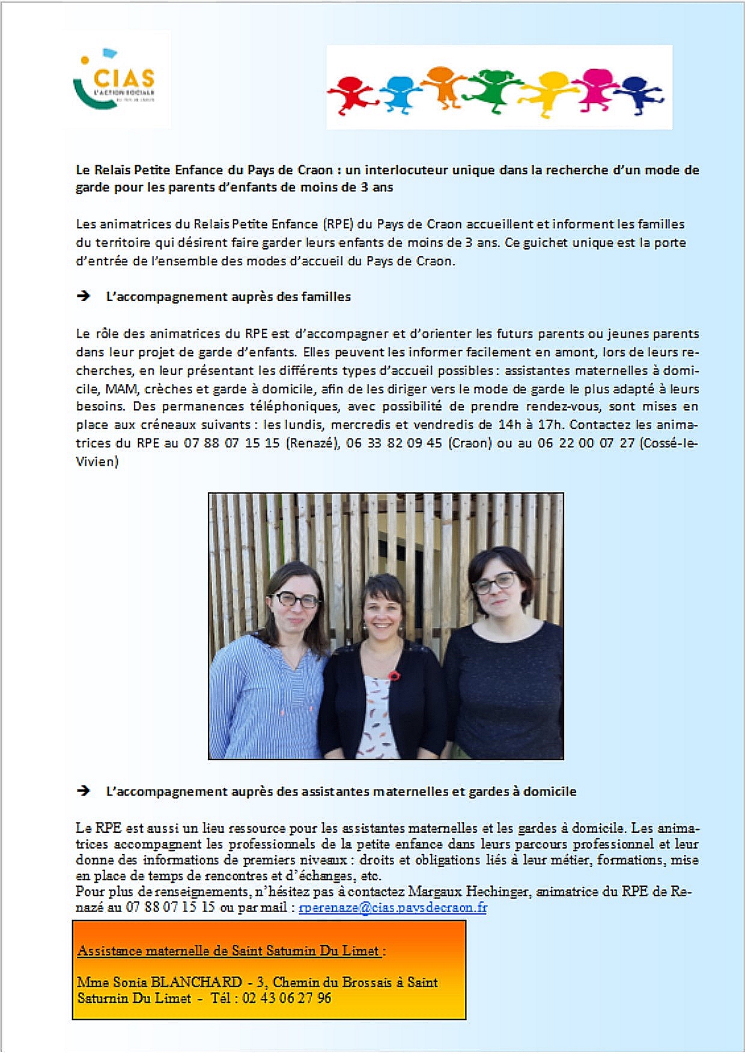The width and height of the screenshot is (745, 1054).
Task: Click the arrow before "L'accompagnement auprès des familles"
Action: click(84, 296)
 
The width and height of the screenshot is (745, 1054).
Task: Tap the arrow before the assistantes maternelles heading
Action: click(84, 791)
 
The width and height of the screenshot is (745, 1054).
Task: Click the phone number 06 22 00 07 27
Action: click(586, 443)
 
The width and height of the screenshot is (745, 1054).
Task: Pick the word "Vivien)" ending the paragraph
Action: click(97, 462)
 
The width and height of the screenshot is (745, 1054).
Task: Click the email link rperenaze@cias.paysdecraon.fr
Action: click(392, 907)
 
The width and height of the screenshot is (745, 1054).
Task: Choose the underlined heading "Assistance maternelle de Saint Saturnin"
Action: click(229, 951)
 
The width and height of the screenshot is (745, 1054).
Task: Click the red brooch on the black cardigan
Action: click(394, 675)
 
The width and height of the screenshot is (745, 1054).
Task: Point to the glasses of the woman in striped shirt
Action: click(294, 600)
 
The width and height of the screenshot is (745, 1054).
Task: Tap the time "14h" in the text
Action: click(510, 425)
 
